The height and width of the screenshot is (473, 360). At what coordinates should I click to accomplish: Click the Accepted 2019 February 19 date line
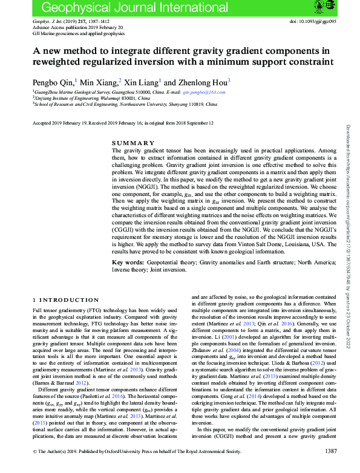[123, 123]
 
